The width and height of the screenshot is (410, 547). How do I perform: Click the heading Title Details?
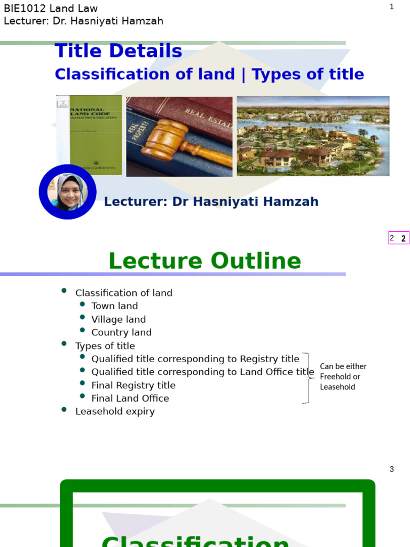pyautogui.click(x=118, y=51)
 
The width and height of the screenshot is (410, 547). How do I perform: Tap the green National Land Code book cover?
pyautogui.click(x=89, y=135)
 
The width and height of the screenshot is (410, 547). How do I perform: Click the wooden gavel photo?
pyautogui.click(x=179, y=137)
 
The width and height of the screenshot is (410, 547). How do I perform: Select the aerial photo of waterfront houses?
pyautogui.click(x=313, y=136)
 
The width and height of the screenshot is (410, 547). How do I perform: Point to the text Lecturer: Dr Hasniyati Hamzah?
pyautogui.click(x=211, y=202)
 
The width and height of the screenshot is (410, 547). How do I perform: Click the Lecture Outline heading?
pyautogui.click(x=204, y=261)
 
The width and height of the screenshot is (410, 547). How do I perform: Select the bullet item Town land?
pyautogui.click(x=114, y=306)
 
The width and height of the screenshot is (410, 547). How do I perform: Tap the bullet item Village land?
pyautogui.click(x=118, y=319)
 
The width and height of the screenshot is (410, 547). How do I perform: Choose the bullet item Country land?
pyautogui.click(x=121, y=332)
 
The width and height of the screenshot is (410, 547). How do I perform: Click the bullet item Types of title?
pyautogui.click(x=105, y=346)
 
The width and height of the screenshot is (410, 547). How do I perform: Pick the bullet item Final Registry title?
pyautogui.click(x=133, y=385)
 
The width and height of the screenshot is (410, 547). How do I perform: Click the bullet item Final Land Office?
pyautogui.click(x=130, y=398)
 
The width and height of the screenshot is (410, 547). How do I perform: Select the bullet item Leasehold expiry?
pyautogui.click(x=115, y=411)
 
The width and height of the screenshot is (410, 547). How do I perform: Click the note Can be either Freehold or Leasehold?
pyautogui.click(x=343, y=377)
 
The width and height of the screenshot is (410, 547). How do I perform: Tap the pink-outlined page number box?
pyautogui.click(x=398, y=238)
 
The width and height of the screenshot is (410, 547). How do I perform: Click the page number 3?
pyautogui.click(x=391, y=469)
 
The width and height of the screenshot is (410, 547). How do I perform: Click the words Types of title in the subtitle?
pyautogui.click(x=307, y=74)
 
